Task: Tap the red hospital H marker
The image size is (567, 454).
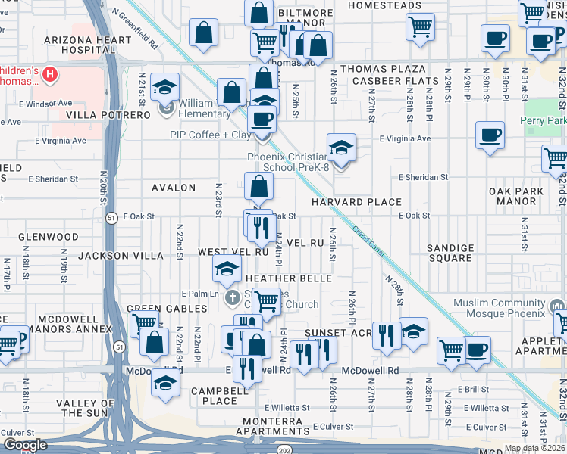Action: click(49, 74)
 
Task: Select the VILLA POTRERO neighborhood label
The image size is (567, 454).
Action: click(108, 115)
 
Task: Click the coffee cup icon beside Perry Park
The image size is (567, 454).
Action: click(490, 135)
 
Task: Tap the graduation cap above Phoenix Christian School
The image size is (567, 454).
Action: click(341, 146)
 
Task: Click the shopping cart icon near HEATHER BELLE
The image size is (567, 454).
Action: click(266, 300)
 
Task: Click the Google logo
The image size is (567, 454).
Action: click(25, 445)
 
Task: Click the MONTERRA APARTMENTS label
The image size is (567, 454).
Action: click(277, 426)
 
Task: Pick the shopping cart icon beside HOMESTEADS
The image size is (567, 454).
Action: click(419, 26)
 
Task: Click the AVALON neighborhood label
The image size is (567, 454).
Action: click(174, 188)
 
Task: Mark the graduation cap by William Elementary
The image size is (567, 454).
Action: click(164, 87)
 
